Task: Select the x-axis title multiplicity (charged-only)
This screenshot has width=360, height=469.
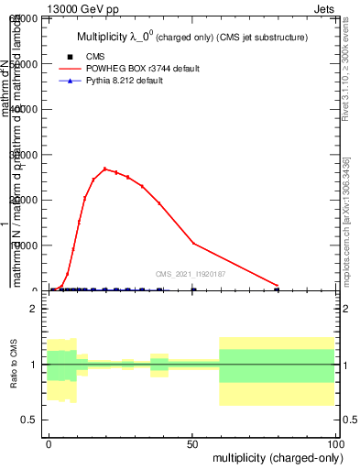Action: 274,456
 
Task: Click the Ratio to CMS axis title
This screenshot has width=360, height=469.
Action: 14,364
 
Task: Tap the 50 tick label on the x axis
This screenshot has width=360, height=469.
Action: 191,442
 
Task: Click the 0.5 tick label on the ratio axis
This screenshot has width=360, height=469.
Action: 34,420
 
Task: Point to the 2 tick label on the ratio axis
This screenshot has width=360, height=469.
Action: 38,309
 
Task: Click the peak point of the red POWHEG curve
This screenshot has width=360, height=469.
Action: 105,169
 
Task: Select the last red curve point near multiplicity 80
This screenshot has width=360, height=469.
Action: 277,285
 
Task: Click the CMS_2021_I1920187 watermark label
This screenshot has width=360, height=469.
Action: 190,273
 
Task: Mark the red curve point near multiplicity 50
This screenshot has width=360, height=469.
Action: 193,243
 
